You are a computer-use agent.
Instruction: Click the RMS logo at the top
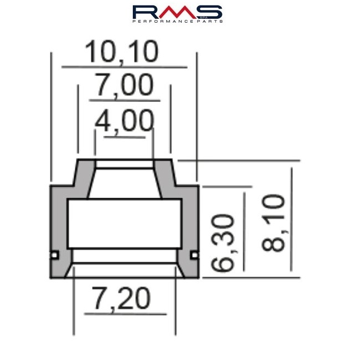177,14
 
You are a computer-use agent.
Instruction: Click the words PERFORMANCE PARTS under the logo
177,21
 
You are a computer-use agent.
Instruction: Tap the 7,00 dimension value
125,85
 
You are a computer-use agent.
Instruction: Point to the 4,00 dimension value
124,121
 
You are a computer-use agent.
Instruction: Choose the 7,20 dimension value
121,299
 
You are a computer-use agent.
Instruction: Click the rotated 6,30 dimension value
223,242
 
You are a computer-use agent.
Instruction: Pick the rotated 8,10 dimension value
273,223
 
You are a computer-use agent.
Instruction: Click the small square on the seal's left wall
54,255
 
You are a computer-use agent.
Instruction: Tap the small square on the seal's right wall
195,255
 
